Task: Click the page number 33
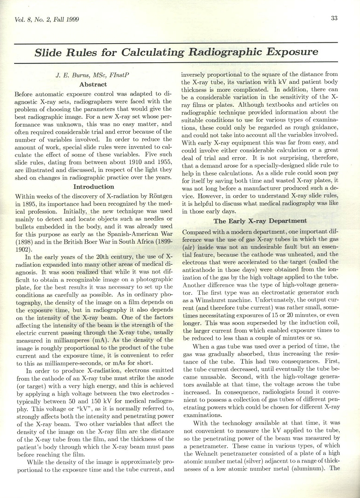coord(334,18)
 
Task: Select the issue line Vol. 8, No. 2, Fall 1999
coord(47,20)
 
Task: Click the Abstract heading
coord(93,85)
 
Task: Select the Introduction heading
coord(93,187)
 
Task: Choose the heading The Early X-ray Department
coord(260,221)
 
